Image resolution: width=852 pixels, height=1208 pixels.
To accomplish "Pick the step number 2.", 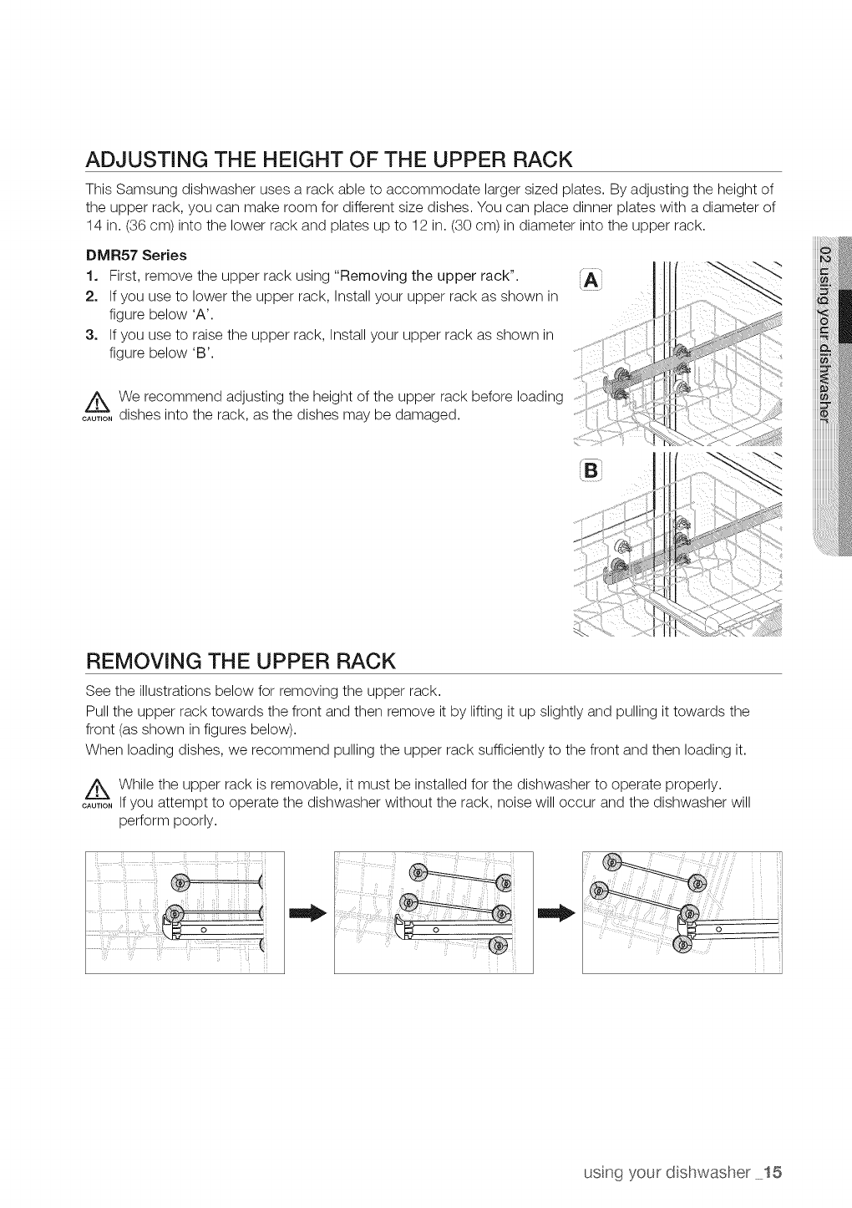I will tap(91, 297).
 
